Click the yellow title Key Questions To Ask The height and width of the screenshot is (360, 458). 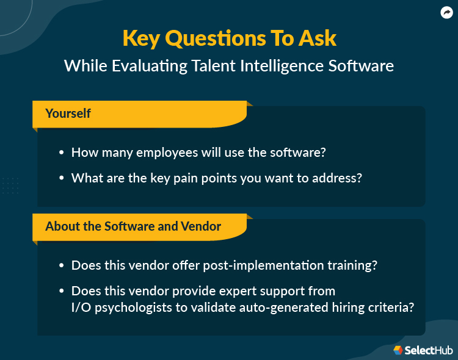click(229, 38)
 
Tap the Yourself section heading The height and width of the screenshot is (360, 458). click(68, 113)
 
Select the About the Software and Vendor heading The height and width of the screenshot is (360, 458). click(133, 226)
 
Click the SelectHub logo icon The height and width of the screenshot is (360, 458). click(398, 350)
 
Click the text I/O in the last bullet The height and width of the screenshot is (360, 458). click(81, 307)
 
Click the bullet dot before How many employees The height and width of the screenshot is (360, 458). click(61, 153)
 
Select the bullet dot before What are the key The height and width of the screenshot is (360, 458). click(61, 179)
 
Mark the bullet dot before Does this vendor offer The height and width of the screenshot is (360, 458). click(61, 266)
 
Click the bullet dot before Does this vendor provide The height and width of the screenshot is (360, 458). click(61, 292)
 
